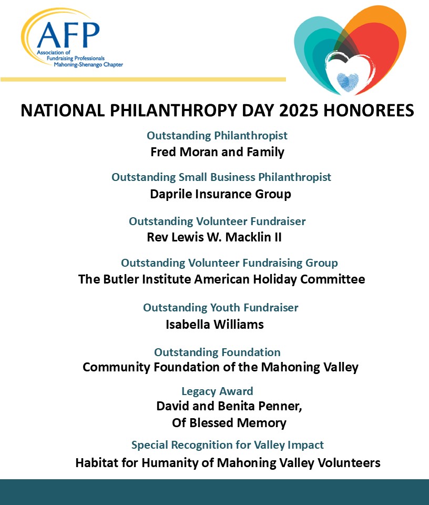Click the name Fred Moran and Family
pyautogui.click(x=217, y=152)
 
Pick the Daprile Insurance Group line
pyautogui.click(x=220, y=194)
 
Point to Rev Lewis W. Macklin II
pyautogui.click(x=214, y=237)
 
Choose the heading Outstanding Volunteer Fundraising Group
pyautogui.click(x=229, y=262)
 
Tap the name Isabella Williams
pyautogui.click(x=214, y=324)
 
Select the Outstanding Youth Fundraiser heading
pyautogui.click(x=220, y=307)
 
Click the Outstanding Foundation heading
pyautogui.click(x=217, y=352)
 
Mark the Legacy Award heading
pyautogui.click(x=217, y=391)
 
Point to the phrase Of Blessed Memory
pyautogui.click(x=229, y=422)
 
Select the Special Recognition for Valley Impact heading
pyautogui.click(x=227, y=445)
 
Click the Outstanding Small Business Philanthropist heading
pyautogui.click(x=221, y=177)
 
